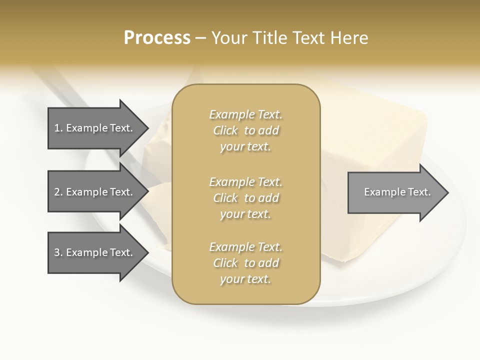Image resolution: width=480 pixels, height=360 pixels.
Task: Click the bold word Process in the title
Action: pos(157,38)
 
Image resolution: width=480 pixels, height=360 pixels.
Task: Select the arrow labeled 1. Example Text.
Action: pos(95,128)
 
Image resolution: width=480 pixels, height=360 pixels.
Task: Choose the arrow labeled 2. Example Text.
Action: pos(95,192)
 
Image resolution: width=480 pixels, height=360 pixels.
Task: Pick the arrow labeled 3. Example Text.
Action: pos(95,252)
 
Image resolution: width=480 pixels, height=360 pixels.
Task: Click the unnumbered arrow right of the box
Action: pos(395,192)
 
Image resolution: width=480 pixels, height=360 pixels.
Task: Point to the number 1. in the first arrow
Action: pos(58,128)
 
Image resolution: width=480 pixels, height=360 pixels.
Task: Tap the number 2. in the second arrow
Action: pos(58,192)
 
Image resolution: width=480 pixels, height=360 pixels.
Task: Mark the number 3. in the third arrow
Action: pos(58,252)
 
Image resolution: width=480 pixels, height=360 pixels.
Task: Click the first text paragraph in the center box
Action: pos(245,130)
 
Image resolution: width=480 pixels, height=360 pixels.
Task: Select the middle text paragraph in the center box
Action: pos(245,198)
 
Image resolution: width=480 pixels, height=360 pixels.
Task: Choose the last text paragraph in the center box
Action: pos(245,263)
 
